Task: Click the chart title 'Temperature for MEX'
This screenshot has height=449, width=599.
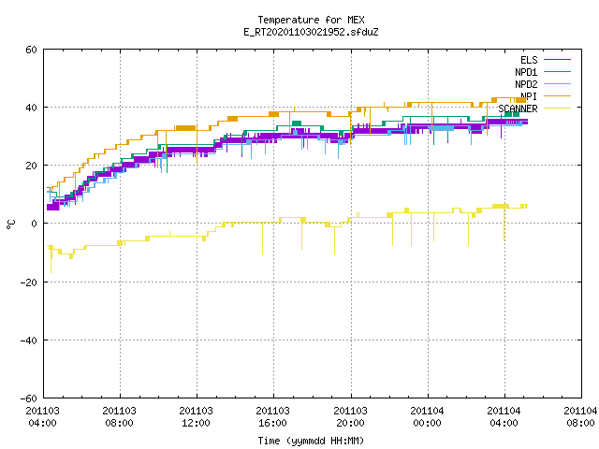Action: click(311, 20)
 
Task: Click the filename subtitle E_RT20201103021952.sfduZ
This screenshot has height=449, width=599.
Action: click(311, 32)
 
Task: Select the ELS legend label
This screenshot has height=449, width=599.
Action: click(529, 60)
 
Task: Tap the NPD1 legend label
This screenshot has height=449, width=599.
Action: click(526, 72)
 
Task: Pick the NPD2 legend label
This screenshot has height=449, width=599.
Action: click(526, 84)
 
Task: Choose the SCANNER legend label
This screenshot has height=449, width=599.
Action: click(518, 109)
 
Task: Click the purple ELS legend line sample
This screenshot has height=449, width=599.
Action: click(557, 60)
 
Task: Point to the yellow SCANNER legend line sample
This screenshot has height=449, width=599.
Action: click(557, 109)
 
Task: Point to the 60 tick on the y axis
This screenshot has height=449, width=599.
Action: click(31, 50)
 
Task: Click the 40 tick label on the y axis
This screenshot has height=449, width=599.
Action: click(31, 108)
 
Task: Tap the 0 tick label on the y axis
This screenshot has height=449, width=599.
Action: click(34, 224)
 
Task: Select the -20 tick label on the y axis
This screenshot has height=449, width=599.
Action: click(29, 282)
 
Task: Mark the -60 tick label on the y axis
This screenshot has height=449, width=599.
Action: click(29, 398)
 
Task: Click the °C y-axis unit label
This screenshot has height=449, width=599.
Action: click(10, 224)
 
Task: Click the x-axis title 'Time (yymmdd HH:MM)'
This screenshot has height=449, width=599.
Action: click(311, 441)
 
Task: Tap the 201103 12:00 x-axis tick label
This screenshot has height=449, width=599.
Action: click(196, 417)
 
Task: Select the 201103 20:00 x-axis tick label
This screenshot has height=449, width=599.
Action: click(350, 417)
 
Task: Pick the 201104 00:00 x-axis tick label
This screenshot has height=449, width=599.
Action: click(427, 417)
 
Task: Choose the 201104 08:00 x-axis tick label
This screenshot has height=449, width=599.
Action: click(580, 417)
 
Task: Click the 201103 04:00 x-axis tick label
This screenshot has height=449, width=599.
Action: click(42, 417)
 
